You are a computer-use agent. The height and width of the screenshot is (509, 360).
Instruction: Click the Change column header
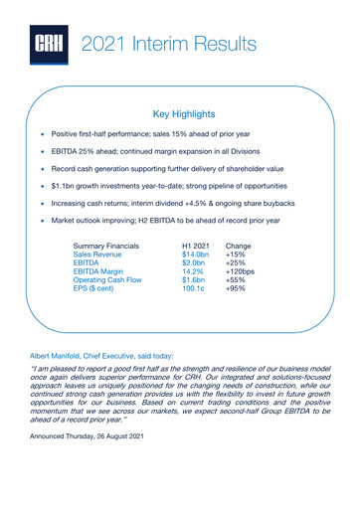[x=241, y=245]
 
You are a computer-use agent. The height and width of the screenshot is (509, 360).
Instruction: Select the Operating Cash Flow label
[x=111, y=289]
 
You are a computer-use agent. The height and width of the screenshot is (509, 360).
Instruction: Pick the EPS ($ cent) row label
[x=97, y=300]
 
